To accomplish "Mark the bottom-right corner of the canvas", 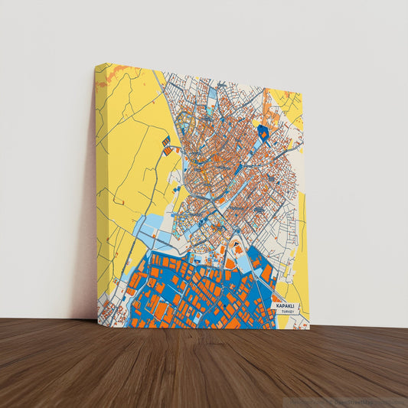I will click(309, 328).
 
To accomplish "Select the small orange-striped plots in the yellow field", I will click(167, 143).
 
